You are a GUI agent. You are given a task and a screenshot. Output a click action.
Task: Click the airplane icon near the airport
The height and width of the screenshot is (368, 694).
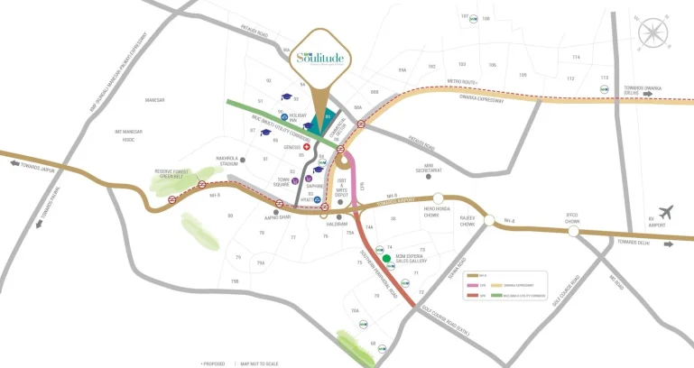666,213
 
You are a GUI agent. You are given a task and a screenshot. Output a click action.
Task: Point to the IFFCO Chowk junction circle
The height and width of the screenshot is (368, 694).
574,231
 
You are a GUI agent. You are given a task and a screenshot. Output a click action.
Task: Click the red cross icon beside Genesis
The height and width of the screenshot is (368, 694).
306,147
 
